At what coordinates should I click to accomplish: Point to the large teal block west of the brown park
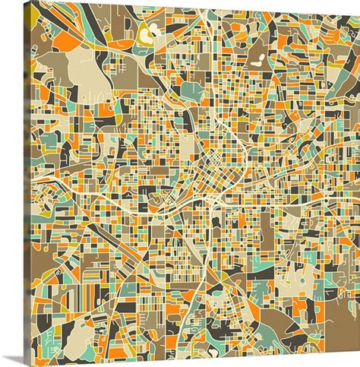click(194, 92)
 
